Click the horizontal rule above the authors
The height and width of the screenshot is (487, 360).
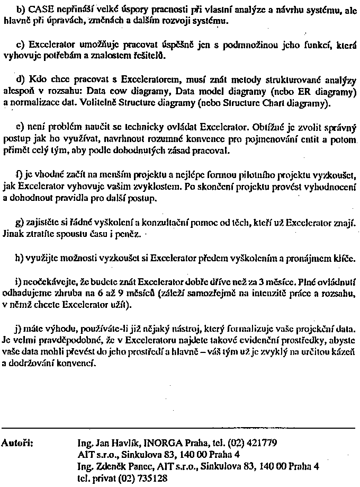point(179,427)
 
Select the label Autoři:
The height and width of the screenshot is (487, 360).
point(19,442)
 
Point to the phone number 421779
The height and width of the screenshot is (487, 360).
point(257,442)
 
